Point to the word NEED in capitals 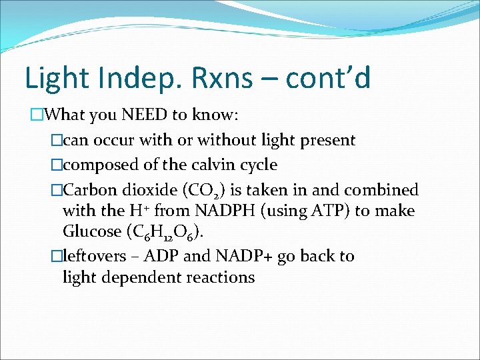145,115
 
